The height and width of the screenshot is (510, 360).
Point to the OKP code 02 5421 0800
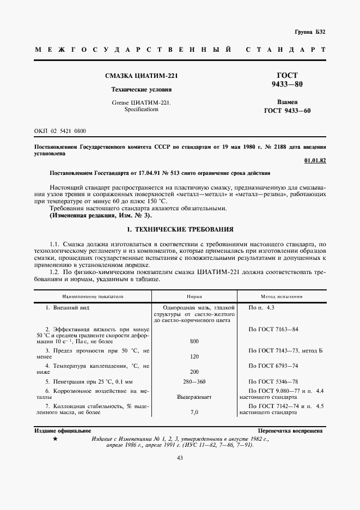pyautogui.click(x=60, y=132)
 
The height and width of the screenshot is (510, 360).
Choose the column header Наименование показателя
pyautogui.click(x=93, y=297)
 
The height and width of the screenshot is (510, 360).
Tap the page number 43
pyautogui.click(x=180, y=458)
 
